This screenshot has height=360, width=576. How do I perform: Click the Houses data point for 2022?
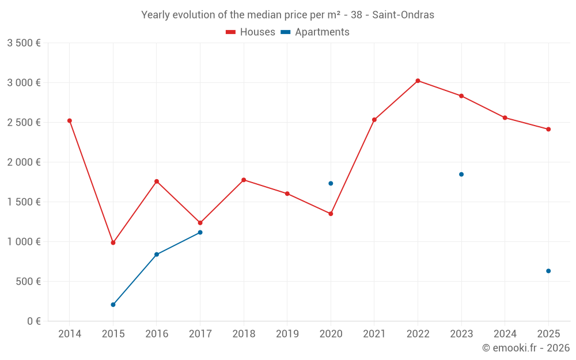pyautogui.click(x=418, y=81)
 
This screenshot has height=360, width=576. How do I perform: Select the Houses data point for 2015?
pyautogui.click(x=113, y=242)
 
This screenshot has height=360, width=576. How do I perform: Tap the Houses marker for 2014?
pyautogui.click(x=70, y=120)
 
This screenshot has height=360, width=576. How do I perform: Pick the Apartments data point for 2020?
pyautogui.click(x=331, y=183)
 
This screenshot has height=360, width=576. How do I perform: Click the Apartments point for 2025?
pyautogui.click(x=548, y=271)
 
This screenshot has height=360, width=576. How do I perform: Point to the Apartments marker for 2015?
pyautogui.click(x=113, y=305)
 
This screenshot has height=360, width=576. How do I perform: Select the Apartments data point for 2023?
pyautogui.click(x=461, y=174)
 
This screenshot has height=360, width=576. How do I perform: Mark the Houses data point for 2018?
pyautogui.click(x=244, y=180)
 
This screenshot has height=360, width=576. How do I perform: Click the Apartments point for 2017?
pyautogui.click(x=200, y=232)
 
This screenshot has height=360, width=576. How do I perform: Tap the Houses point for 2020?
pyautogui.click(x=331, y=214)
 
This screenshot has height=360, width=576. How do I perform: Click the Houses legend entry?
pyautogui.click(x=251, y=32)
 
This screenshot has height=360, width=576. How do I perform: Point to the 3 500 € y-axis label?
pyautogui.click(x=24, y=43)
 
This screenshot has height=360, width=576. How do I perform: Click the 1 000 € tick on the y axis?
pyautogui.click(x=24, y=242)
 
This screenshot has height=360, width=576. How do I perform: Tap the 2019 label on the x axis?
pyautogui.click(x=287, y=334)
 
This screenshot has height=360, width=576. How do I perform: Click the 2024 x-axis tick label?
pyautogui.click(x=505, y=334)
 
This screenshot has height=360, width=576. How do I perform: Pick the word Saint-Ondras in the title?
pyautogui.click(x=403, y=15)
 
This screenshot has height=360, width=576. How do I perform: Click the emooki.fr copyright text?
pyautogui.click(x=525, y=348)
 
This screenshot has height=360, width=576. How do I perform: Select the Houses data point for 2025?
pyautogui.click(x=548, y=129)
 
